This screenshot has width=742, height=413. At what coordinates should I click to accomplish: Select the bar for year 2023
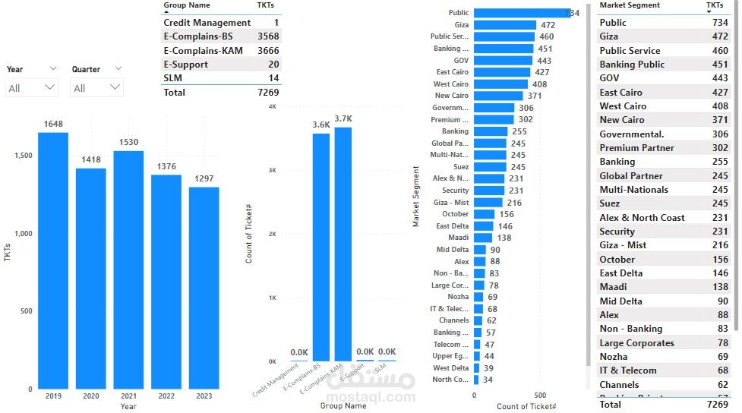[204, 288]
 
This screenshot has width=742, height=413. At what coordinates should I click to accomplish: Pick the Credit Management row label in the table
[207, 23]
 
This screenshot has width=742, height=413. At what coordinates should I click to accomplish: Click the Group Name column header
[187, 5]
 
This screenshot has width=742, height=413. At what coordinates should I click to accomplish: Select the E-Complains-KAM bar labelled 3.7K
[343, 244]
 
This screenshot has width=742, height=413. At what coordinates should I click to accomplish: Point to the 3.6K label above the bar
[321, 125]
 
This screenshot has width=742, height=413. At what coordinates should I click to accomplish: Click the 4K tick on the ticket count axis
[272, 107]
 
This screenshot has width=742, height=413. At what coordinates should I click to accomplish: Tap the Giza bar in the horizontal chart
[504, 25]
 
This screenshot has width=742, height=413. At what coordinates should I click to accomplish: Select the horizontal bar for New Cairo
[498, 96]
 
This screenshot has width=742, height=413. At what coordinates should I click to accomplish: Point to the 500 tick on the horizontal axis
[540, 396]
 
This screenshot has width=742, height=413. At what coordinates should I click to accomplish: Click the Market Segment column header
[630, 5]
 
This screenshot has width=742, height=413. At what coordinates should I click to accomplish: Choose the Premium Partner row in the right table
[636, 148]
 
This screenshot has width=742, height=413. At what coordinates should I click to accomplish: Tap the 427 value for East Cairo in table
[719, 93]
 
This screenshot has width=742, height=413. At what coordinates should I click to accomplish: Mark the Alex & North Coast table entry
[642, 218]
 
